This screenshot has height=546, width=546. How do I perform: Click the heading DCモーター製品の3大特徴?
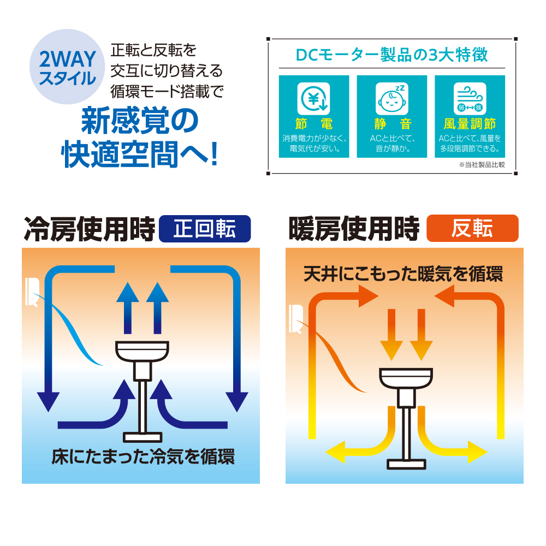pos(391,55)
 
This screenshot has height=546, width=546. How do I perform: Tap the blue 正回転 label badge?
pos(204,229)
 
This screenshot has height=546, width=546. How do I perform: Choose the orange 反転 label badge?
pos(472,229)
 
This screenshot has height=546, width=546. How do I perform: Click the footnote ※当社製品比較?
pos(482,164)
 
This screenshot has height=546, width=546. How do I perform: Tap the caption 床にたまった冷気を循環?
pos(143,456)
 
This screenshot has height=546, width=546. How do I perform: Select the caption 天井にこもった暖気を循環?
pos(403,274)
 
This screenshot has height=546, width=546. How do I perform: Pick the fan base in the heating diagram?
pos(406,464)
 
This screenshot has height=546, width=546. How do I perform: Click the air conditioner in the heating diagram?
pos(295,319)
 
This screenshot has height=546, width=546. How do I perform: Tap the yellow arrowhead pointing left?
pos(333,452)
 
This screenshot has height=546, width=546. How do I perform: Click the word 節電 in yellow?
pos(313,124)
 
